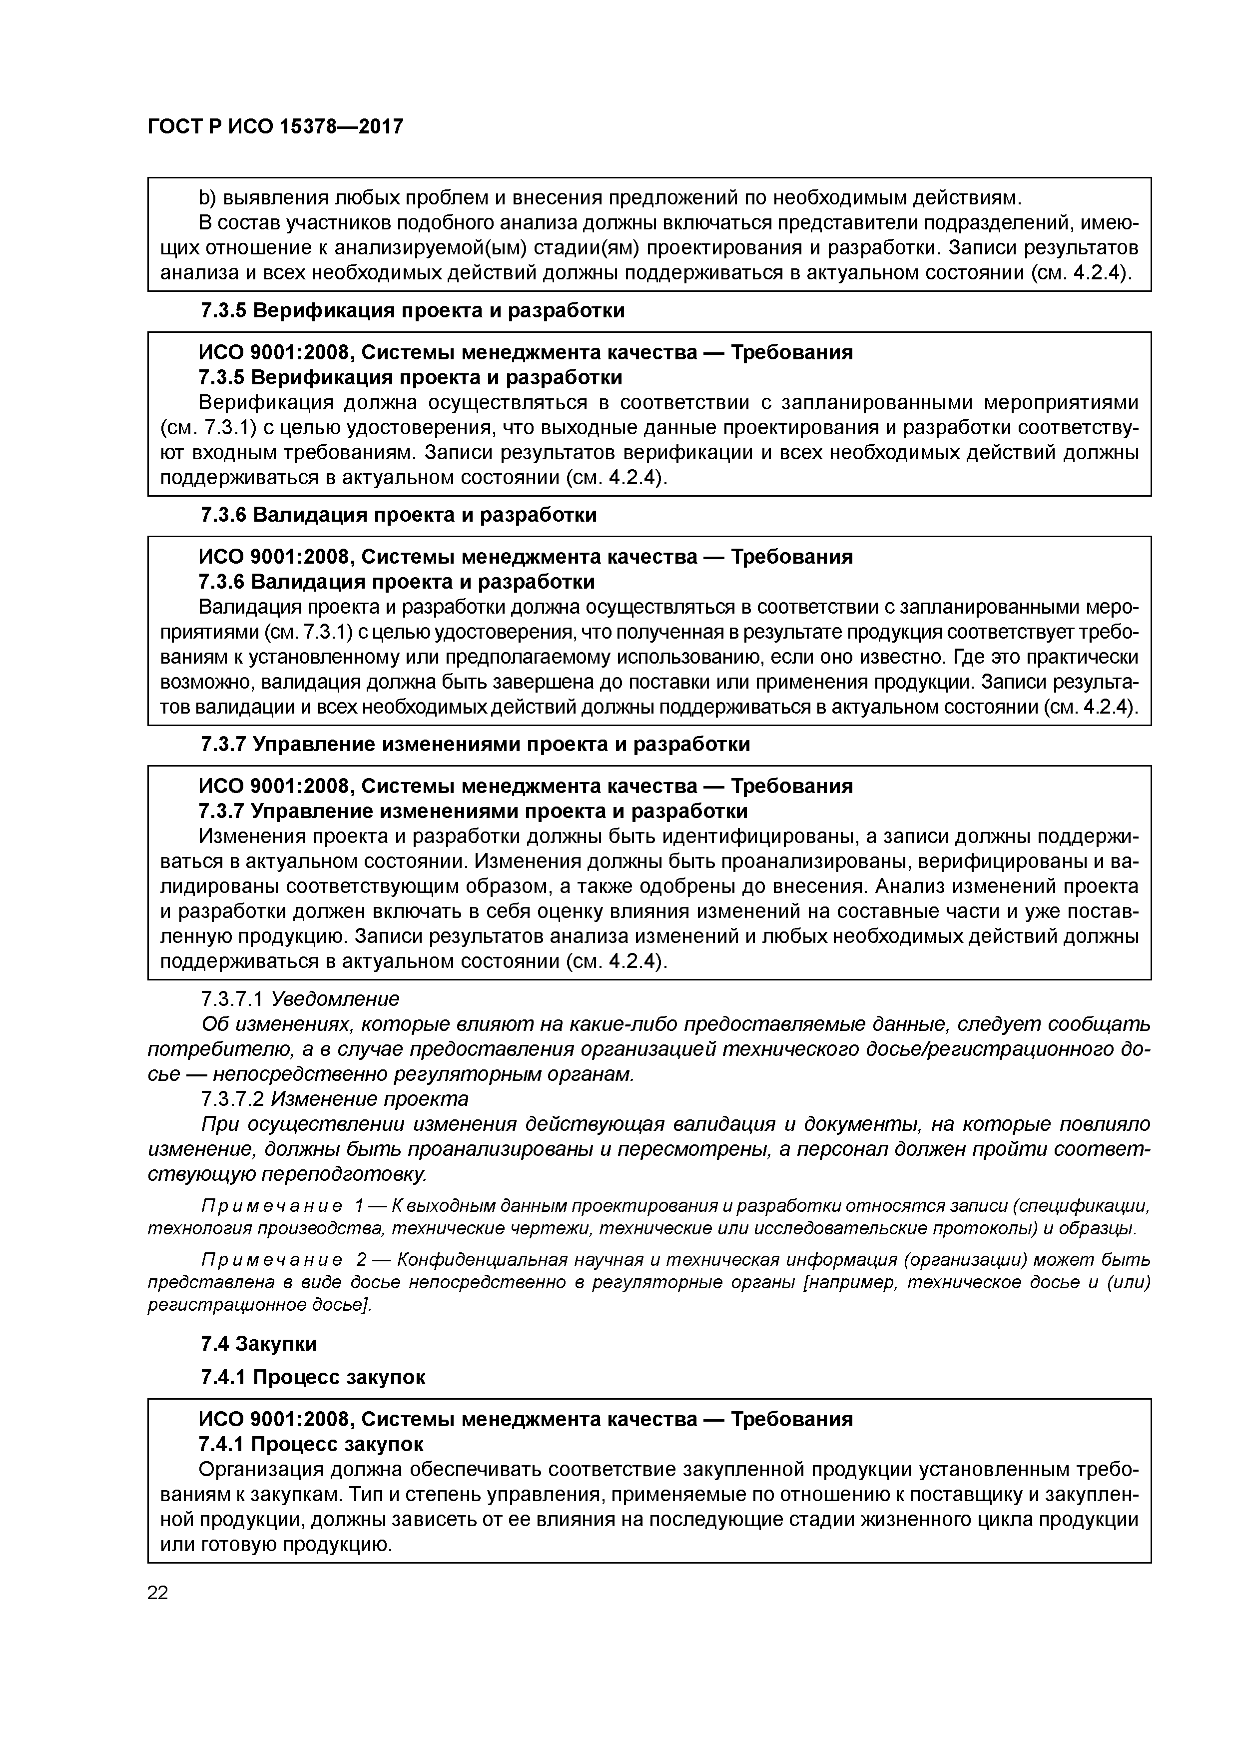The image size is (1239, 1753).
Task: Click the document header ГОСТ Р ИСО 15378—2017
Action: point(275,127)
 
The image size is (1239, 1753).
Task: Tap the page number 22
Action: point(157,1592)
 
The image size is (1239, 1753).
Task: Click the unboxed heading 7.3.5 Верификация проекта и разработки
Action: point(412,311)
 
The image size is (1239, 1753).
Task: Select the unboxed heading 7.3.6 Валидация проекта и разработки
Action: point(399,515)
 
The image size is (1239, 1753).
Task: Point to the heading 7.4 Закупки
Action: point(259,1343)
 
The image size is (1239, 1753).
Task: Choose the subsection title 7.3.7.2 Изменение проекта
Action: point(334,1099)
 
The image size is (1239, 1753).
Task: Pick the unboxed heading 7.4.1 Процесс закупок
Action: point(313,1377)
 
